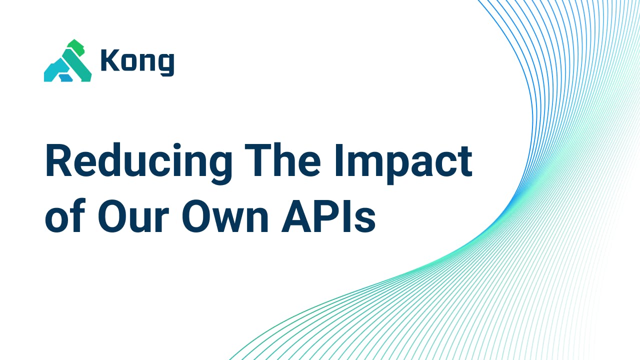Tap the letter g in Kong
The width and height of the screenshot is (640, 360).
click(165, 63)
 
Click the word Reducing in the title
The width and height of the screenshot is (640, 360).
click(138, 163)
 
